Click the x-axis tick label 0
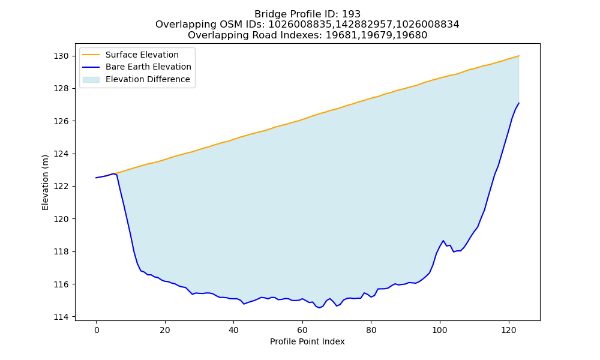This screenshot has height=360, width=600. point(96,330)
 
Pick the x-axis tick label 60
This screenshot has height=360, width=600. point(302,330)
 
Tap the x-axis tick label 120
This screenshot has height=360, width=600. point(509,330)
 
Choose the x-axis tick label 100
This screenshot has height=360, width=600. point(440,330)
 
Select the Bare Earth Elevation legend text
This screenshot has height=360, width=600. point(148,67)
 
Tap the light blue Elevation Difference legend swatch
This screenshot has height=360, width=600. point(91,79)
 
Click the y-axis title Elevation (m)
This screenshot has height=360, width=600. point(45,182)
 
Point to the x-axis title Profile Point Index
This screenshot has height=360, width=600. point(307,341)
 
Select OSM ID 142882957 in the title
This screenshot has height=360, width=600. point(364,25)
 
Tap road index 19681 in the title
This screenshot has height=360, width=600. point(340,35)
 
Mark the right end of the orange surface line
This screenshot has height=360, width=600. point(519,56)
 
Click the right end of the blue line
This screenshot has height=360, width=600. point(519,103)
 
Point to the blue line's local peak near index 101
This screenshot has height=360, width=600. point(443,241)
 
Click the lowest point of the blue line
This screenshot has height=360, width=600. point(320,308)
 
